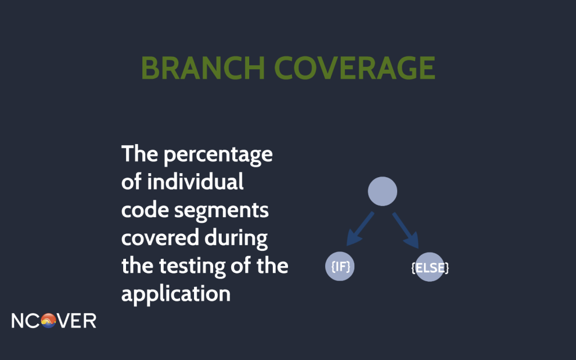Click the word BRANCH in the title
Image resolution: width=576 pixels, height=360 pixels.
(x=202, y=68)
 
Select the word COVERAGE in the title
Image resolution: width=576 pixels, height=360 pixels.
(x=355, y=68)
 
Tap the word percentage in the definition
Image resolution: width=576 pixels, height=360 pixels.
(x=218, y=155)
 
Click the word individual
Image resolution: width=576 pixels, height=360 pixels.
(x=195, y=182)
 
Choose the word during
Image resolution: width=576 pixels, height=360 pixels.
(x=236, y=238)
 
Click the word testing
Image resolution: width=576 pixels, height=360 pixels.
(x=192, y=267)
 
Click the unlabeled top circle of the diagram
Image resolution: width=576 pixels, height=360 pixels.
(x=382, y=191)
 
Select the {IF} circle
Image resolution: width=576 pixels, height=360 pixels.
(x=340, y=266)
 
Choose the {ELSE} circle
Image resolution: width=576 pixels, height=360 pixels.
(x=430, y=267)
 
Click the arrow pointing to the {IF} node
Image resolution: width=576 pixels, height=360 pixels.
(x=360, y=229)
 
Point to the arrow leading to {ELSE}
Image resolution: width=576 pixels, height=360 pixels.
(x=406, y=230)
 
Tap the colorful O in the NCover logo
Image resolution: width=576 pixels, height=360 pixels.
(x=48, y=321)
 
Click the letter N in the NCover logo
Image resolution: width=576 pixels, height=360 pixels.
(x=17, y=321)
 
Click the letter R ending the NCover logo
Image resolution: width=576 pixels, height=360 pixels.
(x=90, y=321)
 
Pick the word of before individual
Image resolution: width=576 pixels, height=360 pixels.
(x=131, y=182)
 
